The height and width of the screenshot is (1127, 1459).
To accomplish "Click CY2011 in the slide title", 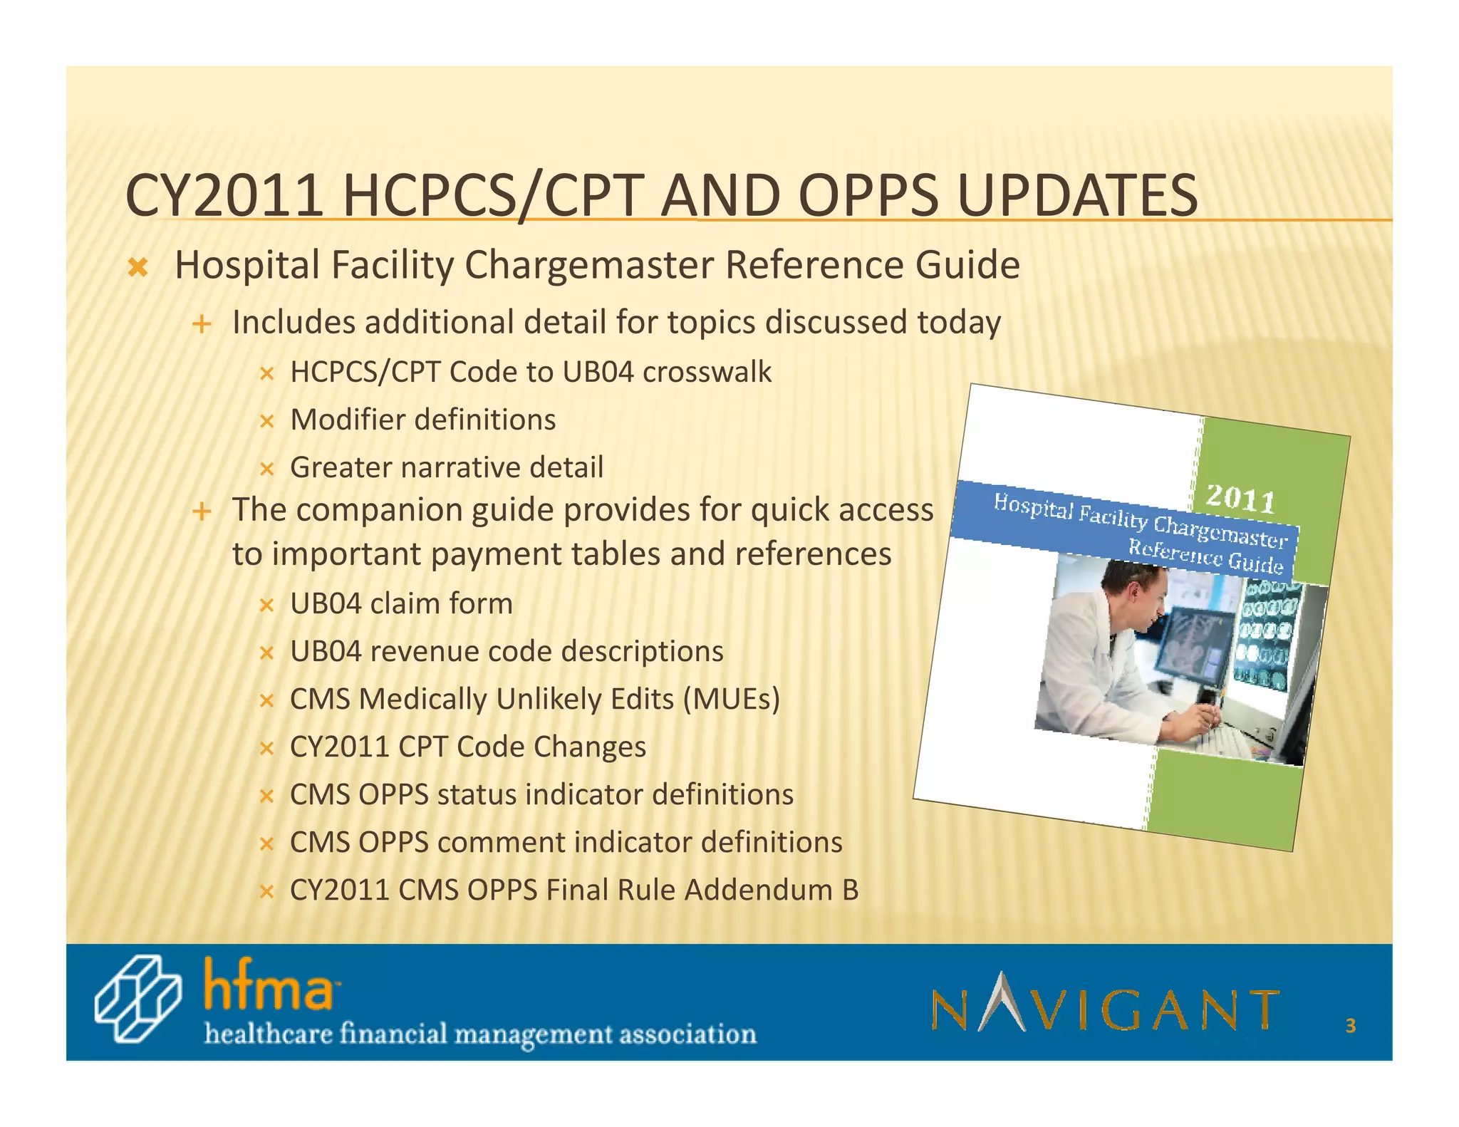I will click(x=224, y=196).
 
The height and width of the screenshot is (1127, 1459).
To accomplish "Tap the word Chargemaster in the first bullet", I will click(x=588, y=266).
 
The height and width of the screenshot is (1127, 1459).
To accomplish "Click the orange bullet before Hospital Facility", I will click(x=137, y=269).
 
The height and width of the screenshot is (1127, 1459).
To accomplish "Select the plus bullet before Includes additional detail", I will click(x=202, y=325).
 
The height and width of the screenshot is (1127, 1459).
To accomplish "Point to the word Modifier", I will click(x=346, y=420).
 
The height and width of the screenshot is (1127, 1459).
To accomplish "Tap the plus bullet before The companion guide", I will click(x=202, y=511).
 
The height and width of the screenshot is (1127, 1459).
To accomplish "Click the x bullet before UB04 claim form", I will click(x=266, y=606).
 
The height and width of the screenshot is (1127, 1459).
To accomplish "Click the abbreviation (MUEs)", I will click(x=731, y=699).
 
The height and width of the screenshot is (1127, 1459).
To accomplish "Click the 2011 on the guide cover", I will click(x=1240, y=498).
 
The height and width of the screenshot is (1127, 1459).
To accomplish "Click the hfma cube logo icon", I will click(x=137, y=998).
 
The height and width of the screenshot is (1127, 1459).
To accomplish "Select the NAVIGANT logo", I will click(x=1105, y=1004).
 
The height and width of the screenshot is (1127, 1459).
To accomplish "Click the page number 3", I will click(x=1350, y=1026).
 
